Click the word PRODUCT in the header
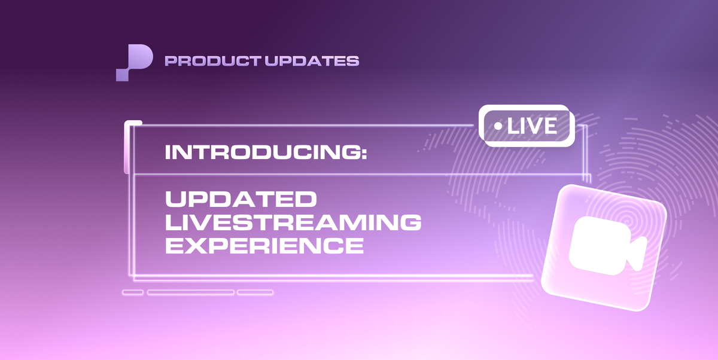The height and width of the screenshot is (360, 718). click(x=212, y=61)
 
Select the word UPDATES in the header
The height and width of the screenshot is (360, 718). click(x=312, y=61)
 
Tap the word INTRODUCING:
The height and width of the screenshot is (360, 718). click(x=266, y=152)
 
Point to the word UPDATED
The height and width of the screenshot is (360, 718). click(x=241, y=199)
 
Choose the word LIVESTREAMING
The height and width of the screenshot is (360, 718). click(x=293, y=222)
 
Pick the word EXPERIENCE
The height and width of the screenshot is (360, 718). click(x=264, y=245)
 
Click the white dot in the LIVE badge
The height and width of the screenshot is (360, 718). click(x=498, y=126)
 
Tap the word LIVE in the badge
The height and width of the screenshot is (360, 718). click(x=532, y=126)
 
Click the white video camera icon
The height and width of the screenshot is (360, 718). click(x=607, y=246)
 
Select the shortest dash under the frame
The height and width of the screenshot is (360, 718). click(x=133, y=292)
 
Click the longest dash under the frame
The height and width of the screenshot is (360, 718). click(x=191, y=292)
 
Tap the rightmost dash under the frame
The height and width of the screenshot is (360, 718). click(x=255, y=292)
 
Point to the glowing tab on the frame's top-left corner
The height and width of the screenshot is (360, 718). click(x=132, y=147)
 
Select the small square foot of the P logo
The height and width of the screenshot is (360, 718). click(x=122, y=75)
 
